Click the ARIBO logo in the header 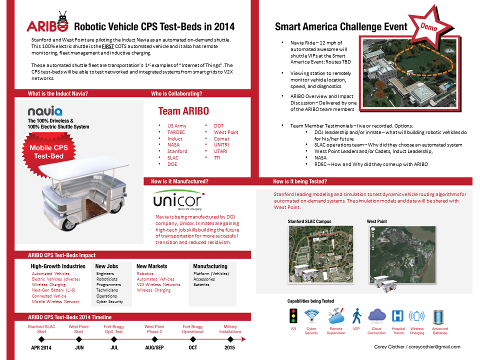tap(47, 22)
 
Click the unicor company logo tap(178, 200)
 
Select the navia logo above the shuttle tap(45, 111)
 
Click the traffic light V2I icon tap(293, 316)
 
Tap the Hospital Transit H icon tap(397, 316)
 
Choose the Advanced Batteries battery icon tap(438, 317)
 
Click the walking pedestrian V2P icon tap(356, 316)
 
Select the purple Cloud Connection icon tap(377, 316)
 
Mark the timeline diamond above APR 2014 tap(41, 339)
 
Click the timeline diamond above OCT tap(193, 339)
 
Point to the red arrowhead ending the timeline tap(243, 339)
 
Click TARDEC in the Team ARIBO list tap(176, 132)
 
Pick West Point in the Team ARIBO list tap(226, 132)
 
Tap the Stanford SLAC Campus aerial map tap(321, 254)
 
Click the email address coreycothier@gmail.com tap(434, 347)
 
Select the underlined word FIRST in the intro tap(108, 46)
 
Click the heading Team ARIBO tap(183, 111)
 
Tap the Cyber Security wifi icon tap(311, 316)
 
